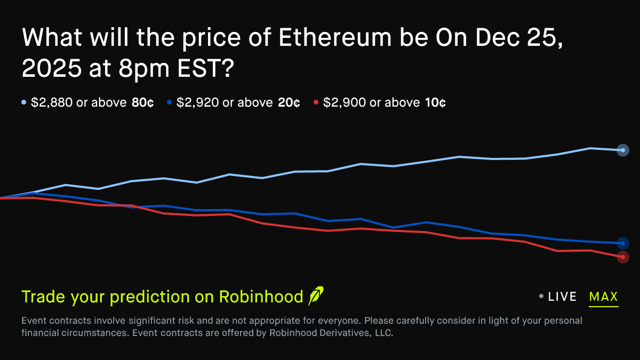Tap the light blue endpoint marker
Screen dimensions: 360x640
tap(622, 150)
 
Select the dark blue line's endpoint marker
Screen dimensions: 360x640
tap(622, 243)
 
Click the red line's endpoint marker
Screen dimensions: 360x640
tap(622, 257)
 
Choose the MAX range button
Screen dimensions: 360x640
tap(603, 297)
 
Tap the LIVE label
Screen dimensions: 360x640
tap(562, 297)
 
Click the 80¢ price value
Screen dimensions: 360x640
tap(142, 102)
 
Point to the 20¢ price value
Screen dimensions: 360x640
tap(289, 102)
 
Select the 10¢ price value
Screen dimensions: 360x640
tap(435, 102)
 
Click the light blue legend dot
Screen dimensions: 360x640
tap(24, 102)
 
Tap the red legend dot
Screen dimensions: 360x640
tap(316, 102)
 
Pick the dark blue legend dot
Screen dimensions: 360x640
tap(170, 102)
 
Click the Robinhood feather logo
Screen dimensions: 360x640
tap(316, 295)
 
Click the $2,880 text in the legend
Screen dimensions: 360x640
tap(52, 102)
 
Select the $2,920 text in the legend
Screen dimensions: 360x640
tap(197, 102)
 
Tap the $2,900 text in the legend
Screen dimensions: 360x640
tap(344, 102)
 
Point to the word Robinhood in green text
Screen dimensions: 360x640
tap(261, 297)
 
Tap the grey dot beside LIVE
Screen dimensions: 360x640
tap(541, 297)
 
